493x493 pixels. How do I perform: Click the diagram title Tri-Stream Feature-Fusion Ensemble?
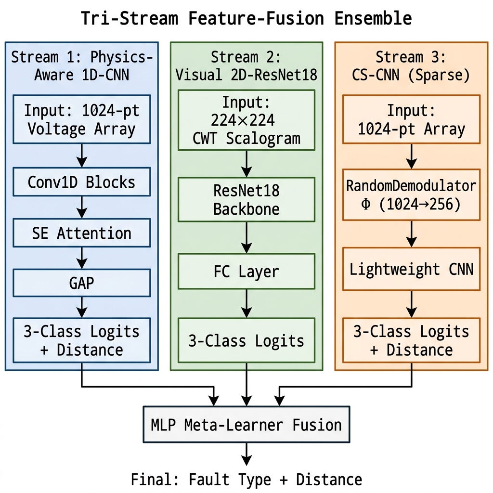(246, 19)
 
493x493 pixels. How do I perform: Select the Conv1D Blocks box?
(81, 182)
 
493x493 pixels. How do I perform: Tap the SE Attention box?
(81, 234)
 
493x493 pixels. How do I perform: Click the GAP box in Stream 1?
(81, 283)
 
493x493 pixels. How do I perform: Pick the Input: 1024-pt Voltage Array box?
(81, 119)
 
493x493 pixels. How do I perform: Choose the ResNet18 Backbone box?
(246, 199)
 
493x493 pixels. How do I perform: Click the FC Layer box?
(246, 272)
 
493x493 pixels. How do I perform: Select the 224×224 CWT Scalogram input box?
(246, 120)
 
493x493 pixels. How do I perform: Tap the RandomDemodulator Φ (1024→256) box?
(411, 195)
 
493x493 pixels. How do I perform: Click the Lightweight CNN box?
(411, 269)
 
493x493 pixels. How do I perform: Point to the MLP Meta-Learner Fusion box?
(246, 425)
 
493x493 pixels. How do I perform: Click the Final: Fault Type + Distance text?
(246, 480)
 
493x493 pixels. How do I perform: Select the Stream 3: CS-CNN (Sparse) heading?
(411, 66)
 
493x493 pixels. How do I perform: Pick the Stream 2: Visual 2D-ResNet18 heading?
(246, 66)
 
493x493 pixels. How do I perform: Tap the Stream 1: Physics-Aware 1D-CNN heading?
(81, 66)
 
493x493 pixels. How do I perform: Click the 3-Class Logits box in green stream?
(246, 340)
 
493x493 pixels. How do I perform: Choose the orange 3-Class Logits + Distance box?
(411, 340)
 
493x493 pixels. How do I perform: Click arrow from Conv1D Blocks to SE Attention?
(81, 208)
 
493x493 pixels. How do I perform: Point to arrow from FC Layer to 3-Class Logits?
(246, 303)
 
